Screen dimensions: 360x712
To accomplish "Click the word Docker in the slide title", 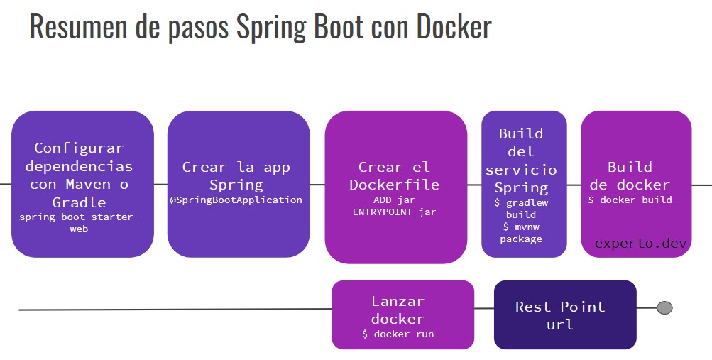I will [454, 26].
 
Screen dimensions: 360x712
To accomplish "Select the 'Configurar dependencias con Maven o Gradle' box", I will [82, 183].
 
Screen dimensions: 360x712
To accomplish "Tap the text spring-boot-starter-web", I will [79, 223].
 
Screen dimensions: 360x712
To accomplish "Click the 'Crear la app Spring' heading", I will [236, 175].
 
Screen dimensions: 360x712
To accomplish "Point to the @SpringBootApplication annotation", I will [236, 200].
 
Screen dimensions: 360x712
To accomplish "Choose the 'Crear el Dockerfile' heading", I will [395, 175].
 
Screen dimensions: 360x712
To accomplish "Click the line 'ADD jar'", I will [394, 200].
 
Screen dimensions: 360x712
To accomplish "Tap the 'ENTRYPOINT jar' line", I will [394, 212].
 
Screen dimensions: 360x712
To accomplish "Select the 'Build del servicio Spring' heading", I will [523, 160].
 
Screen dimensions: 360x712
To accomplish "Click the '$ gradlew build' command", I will [521, 208].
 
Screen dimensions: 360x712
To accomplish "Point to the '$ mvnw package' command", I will [521, 233].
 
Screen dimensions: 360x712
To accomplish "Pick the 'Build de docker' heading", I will [630, 175].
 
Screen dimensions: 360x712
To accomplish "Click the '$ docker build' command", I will [630, 200].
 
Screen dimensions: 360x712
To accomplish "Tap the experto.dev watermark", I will [641, 244].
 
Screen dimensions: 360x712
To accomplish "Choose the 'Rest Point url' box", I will [564, 315].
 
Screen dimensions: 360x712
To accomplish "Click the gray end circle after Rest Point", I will [664, 308].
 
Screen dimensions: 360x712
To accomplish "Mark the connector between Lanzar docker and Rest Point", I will [484, 309].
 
